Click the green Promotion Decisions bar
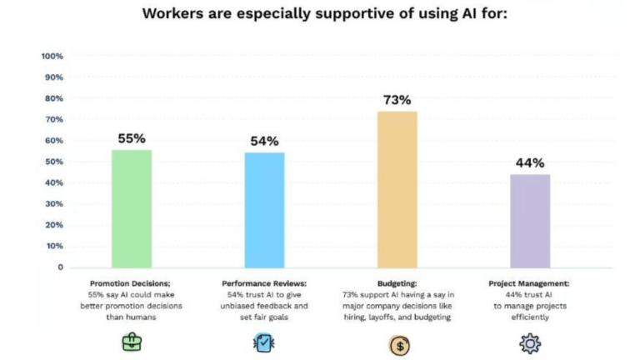(x=132, y=208)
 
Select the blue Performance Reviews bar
(x=264, y=210)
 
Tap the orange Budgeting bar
(x=397, y=189)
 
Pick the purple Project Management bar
(x=530, y=221)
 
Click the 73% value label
(x=397, y=100)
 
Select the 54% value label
(x=264, y=141)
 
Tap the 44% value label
(x=530, y=162)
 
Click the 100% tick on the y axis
(x=52, y=56)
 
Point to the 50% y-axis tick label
(x=53, y=162)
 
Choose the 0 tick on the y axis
(x=60, y=267)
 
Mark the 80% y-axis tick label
(x=53, y=98)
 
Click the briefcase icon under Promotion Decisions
(x=132, y=342)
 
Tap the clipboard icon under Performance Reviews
(x=264, y=342)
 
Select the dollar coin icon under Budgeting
(x=399, y=344)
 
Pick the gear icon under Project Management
(x=530, y=342)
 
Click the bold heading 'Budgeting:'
(x=397, y=283)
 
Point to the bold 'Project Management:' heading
(x=530, y=283)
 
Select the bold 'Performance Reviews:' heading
(x=264, y=283)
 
